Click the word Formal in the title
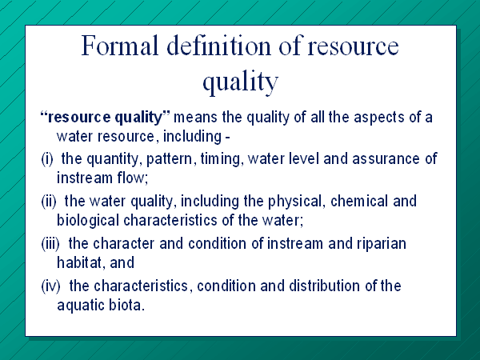pos(120,46)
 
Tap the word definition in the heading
pos(218,46)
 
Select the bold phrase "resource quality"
pos(105,118)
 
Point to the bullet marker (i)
pos(47,159)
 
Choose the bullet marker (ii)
pos(49,202)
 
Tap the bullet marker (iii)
pos(50,244)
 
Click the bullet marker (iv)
pos(50,286)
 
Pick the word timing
pos(222,159)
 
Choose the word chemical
pos(359,201)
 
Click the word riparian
pos(382,244)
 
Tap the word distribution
pos(325,286)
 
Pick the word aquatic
pos(81,306)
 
